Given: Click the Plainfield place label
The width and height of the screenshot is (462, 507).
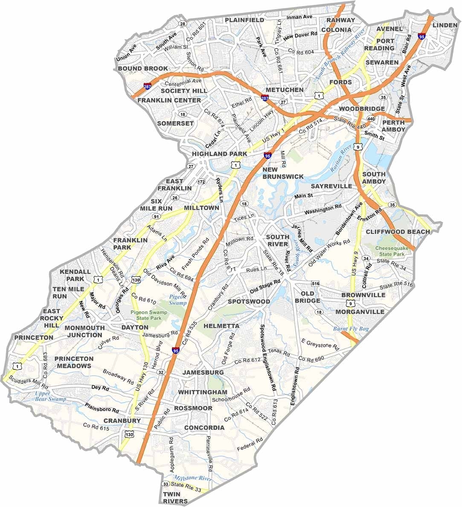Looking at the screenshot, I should pyautogui.click(x=244, y=20).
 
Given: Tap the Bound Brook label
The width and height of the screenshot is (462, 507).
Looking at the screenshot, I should pyautogui.click(x=143, y=68).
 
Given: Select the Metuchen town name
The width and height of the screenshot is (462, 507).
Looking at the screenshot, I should pyautogui.click(x=284, y=90).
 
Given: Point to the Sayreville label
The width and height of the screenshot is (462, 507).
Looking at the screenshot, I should pyautogui.click(x=331, y=186).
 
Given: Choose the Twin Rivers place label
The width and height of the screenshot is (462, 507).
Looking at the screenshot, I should pyautogui.click(x=175, y=498).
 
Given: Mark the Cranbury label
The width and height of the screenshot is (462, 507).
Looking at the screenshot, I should pyautogui.click(x=122, y=421).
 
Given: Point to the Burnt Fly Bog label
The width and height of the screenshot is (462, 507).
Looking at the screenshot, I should pyautogui.click(x=350, y=329).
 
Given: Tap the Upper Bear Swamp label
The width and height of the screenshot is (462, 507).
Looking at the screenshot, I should pyautogui.click(x=51, y=396).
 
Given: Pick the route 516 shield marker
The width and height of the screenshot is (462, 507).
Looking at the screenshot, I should pyautogui.click(x=315, y=284).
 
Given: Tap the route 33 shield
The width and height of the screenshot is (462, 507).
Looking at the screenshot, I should pyautogui.click(x=166, y=484).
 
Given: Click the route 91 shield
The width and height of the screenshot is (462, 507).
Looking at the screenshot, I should pyautogui.click(x=156, y=217).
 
